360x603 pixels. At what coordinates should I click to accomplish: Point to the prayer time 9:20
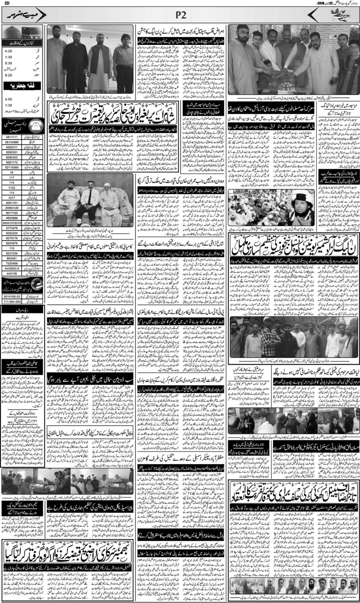point(8,76)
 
